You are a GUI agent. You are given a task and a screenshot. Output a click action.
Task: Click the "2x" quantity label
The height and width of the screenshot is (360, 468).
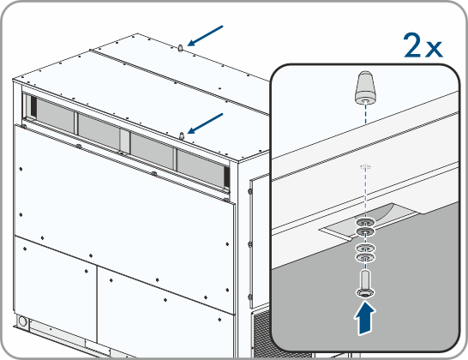423,45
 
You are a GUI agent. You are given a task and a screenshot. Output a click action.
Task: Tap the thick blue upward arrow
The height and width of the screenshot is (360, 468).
365,318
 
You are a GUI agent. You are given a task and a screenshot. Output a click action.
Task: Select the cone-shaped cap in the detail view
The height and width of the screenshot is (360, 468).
365,87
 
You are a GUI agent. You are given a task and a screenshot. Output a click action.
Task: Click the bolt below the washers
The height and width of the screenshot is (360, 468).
365,285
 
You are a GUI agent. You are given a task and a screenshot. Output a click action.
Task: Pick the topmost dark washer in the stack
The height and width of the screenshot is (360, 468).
365,222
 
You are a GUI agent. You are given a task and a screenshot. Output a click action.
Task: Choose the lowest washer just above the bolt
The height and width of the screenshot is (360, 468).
365,257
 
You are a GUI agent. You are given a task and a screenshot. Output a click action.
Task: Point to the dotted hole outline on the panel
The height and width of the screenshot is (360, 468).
365,166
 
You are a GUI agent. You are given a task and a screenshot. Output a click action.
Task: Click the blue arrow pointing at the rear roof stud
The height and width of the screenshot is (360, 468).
206,36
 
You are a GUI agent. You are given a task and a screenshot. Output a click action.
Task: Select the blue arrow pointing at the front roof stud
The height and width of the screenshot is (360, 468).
206,123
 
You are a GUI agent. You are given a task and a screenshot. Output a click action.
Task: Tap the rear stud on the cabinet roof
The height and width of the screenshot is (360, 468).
181,48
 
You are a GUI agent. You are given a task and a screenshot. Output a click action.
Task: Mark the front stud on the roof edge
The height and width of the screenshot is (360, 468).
182,135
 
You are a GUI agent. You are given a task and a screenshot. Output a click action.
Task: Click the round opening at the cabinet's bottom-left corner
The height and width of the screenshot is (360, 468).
22,321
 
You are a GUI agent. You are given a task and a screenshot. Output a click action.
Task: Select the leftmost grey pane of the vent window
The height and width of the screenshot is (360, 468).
55,115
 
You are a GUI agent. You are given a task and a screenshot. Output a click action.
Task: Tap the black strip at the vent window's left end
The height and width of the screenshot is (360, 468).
33,106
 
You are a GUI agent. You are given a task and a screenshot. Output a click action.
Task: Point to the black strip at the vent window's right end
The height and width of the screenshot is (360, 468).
227,176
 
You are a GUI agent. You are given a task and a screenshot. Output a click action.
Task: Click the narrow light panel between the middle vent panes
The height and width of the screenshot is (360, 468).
125,141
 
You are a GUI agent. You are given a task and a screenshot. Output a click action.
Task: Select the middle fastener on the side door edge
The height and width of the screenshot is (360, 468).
250,244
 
